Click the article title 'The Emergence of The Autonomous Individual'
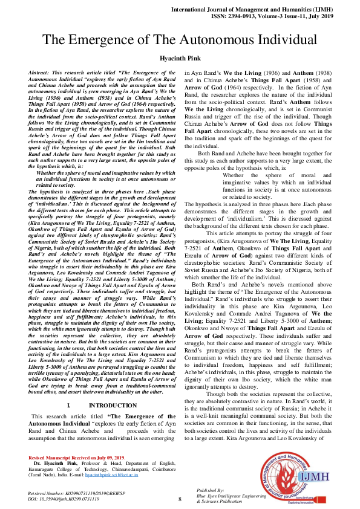point(180,40)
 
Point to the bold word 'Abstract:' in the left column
point(41,72)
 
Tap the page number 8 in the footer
point(180,498)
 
